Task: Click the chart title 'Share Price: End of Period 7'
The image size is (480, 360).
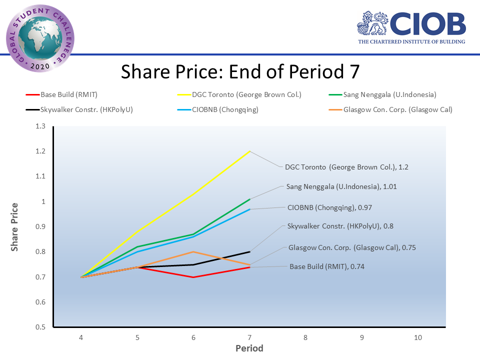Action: [240, 71]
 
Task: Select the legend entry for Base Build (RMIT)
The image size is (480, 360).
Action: [68, 94]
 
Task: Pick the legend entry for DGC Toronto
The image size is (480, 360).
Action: [246, 94]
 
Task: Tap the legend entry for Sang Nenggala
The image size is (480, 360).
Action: [390, 94]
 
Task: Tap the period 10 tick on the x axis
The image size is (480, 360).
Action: [418, 337]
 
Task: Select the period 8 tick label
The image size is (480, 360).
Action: [305, 337]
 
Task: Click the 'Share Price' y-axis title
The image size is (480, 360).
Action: [15, 226]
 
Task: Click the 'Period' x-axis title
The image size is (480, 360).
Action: [249, 348]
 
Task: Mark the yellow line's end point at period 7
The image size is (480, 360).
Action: [249, 151]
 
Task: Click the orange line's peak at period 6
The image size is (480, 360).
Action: [193, 251]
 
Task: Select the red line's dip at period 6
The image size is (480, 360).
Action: [193, 277]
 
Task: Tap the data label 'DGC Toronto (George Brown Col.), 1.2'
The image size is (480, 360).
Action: [346, 167]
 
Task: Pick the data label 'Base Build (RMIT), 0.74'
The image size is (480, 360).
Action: [327, 266]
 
